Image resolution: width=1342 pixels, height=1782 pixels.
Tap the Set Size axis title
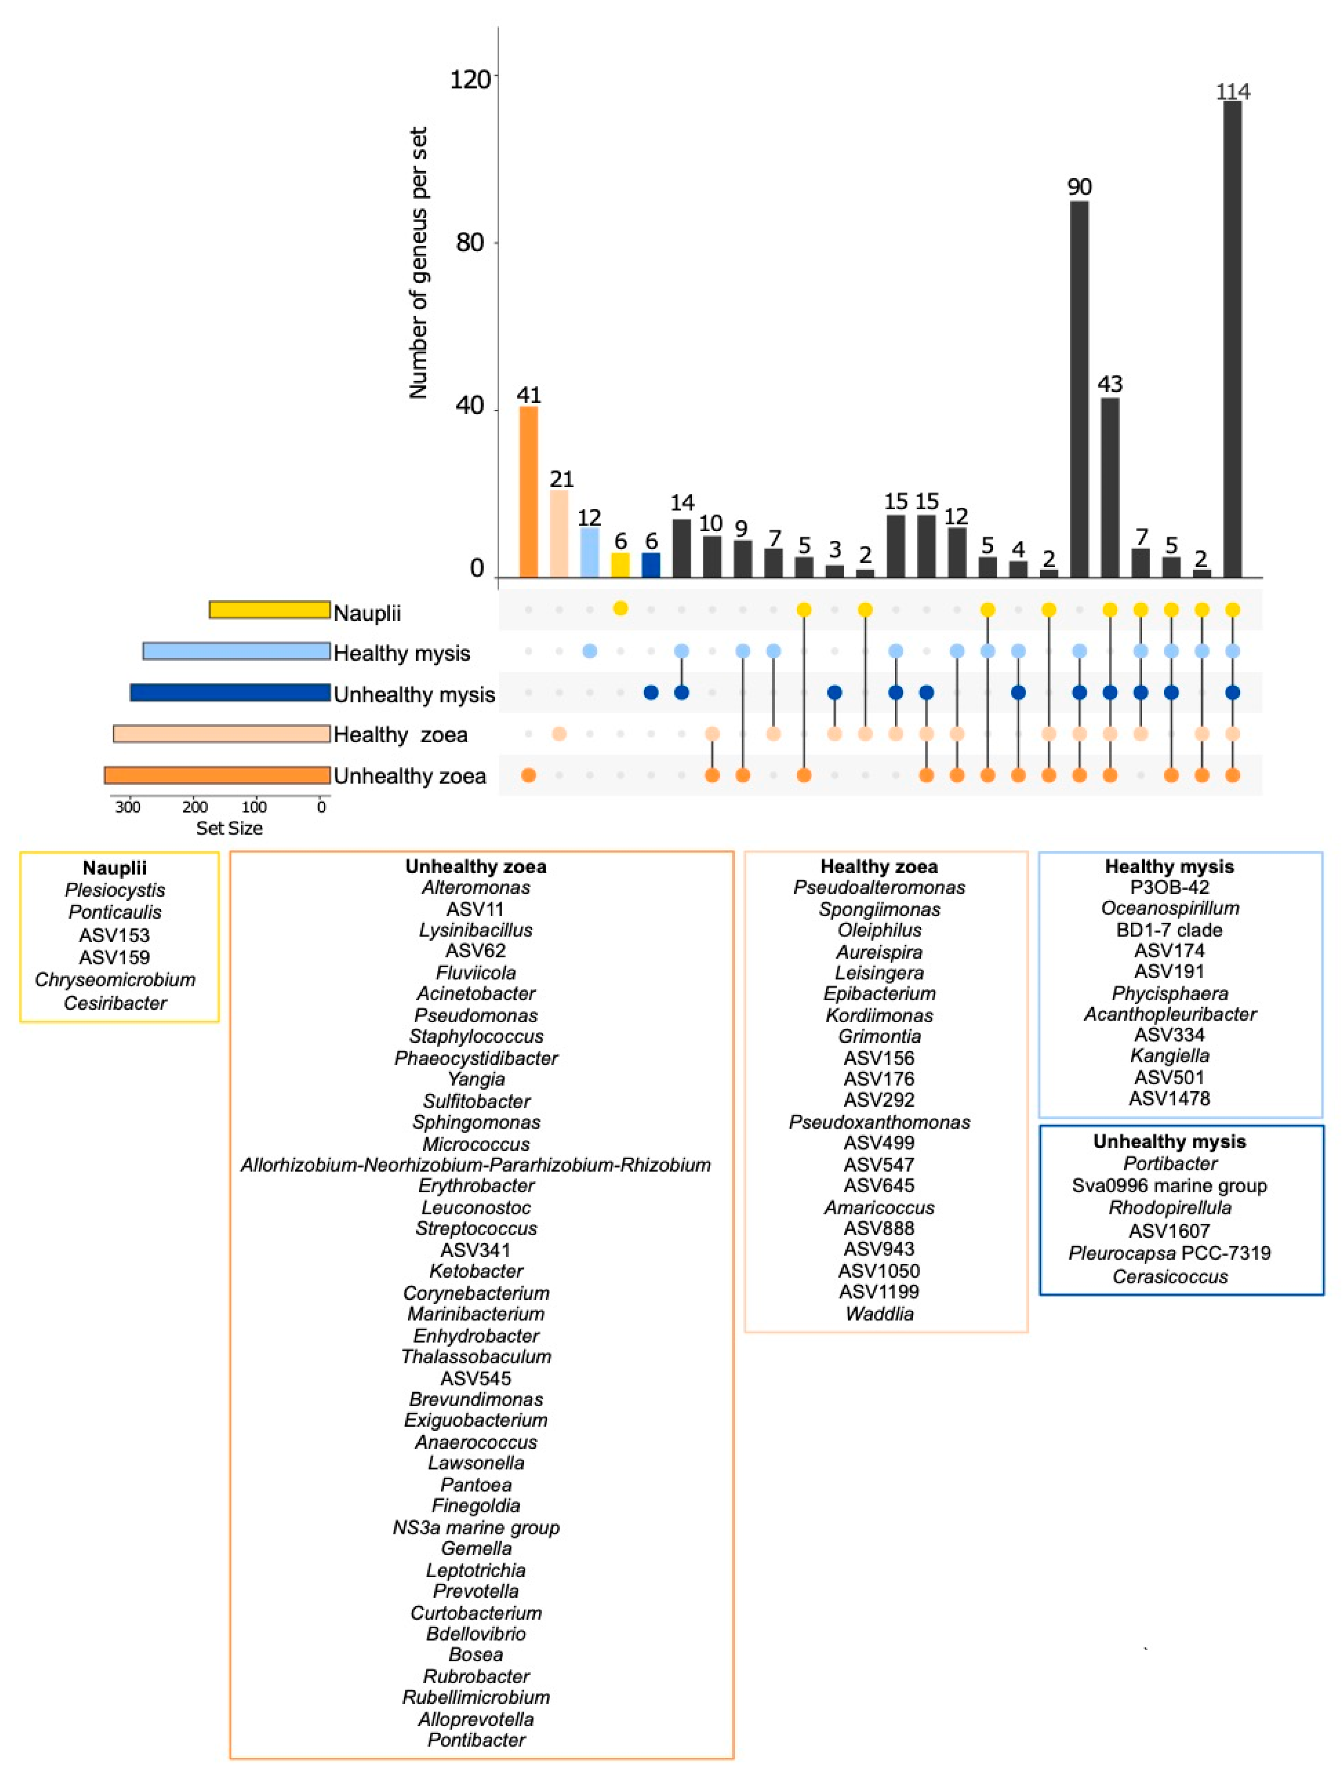(229, 828)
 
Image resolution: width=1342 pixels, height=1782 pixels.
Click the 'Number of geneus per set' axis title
(417, 262)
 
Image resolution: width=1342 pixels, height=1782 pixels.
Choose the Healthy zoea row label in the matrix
(401, 735)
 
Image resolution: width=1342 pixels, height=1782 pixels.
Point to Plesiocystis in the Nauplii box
(115, 890)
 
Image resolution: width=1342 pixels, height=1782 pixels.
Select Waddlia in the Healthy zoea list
(879, 1314)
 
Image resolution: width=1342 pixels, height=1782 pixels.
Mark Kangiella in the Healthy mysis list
(1169, 1055)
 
